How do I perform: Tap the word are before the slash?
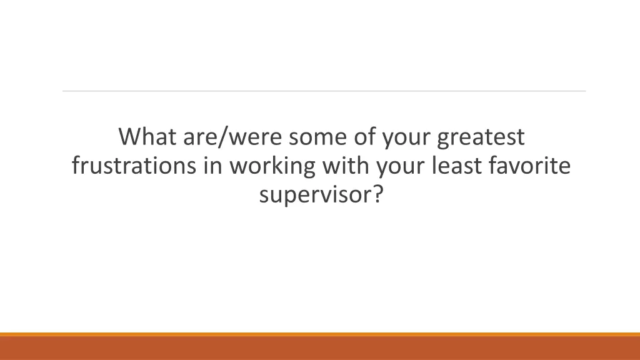pos(197,137)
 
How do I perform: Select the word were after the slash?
pos(252,137)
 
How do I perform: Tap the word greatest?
pos(481,137)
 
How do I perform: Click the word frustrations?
pos(133,167)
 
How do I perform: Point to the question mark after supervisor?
pos(377,196)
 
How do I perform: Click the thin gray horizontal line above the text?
pos(324,91)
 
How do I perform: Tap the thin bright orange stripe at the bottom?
pos(320,334)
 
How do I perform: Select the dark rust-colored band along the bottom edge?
pos(320,349)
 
